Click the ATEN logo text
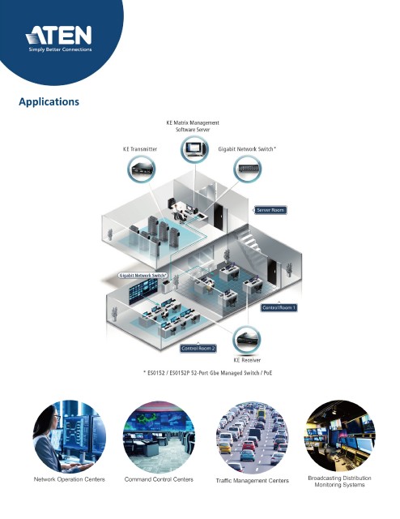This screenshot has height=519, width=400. (x=58, y=35)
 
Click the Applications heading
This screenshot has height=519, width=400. (x=49, y=101)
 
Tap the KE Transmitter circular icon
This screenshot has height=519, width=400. (x=142, y=169)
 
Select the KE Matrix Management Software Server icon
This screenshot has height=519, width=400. (x=194, y=149)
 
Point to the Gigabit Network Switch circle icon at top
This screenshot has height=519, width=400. (x=247, y=169)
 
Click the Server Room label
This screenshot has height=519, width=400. (x=270, y=210)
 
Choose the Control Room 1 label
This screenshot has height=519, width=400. (x=279, y=307)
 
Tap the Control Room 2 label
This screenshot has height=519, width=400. (x=198, y=348)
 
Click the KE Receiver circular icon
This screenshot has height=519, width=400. (x=247, y=340)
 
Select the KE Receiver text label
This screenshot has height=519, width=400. (x=247, y=360)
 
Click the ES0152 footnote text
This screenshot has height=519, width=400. (x=207, y=373)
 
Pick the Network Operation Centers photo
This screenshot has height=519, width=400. (x=70, y=436)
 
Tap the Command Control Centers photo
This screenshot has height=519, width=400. (x=159, y=437)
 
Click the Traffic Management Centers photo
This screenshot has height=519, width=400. (x=253, y=437)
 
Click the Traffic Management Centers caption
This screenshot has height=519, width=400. (x=253, y=481)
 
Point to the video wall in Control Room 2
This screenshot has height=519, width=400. (x=143, y=291)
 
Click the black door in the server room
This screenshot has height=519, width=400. (x=218, y=217)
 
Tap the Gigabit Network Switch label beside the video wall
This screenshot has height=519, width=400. (x=143, y=276)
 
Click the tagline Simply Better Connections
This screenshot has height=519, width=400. (x=60, y=49)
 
